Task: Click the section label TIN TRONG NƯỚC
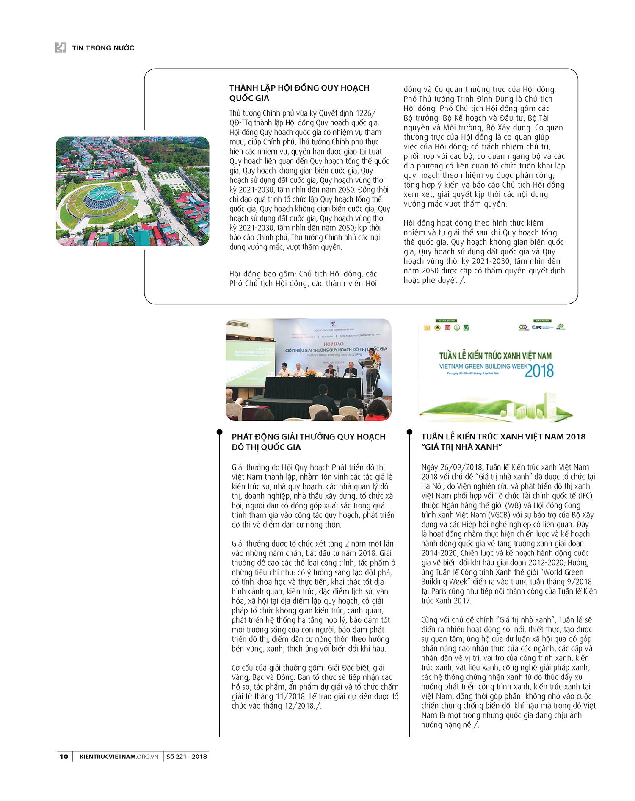click(x=103, y=48)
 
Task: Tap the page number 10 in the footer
click(x=63, y=756)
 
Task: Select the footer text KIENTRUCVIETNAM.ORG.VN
click(x=119, y=756)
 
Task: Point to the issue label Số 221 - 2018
click(x=186, y=756)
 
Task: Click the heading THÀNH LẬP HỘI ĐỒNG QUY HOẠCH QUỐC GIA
click(x=299, y=93)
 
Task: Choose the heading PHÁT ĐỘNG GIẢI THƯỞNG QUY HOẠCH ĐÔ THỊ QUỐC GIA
click(x=308, y=442)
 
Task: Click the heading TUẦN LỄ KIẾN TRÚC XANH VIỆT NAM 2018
click(x=503, y=436)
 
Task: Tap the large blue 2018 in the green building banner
click(x=539, y=371)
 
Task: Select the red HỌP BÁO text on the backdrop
click(x=334, y=344)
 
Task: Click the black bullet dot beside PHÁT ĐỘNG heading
click(x=219, y=432)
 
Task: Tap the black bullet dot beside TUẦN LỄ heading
click(x=409, y=432)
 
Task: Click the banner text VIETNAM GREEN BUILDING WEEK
click(x=483, y=366)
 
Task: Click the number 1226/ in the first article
click(x=365, y=113)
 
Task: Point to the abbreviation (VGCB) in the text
click(x=501, y=515)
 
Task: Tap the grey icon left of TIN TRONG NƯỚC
click(x=61, y=47)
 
